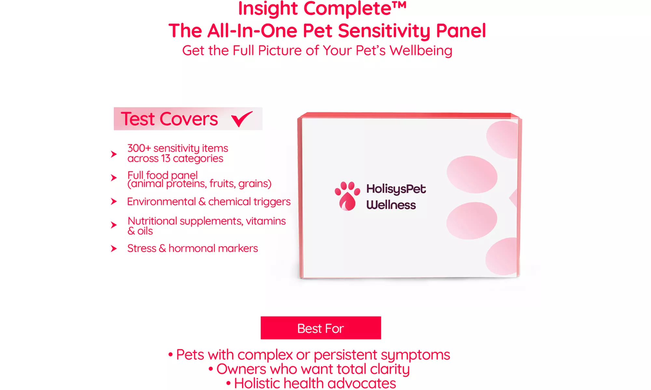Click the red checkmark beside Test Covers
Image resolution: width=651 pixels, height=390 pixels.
(x=242, y=119)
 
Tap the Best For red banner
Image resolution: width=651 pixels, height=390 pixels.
(x=320, y=328)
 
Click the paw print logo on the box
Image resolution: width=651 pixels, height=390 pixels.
(x=347, y=196)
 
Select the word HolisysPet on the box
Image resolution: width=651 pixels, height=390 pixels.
(x=396, y=189)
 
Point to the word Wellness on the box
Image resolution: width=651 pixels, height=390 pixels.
(x=391, y=205)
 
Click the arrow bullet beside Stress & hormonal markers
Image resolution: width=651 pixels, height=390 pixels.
(x=114, y=249)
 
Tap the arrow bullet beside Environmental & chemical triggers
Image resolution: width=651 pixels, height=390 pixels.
(x=114, y=201)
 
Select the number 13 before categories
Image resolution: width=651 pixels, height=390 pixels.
(x=166, y=159)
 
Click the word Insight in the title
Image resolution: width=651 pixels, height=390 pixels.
(x=268, y=8)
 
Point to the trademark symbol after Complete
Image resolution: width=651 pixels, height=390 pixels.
(x=400, y=5)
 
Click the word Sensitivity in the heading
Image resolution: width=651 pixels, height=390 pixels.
(x=384, y=31)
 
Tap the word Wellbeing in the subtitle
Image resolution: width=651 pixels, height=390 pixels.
(x=421, y=51)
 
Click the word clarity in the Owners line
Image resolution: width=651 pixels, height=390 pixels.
(x=389, y=369)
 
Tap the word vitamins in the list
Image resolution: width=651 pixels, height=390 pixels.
(x=265, y=221)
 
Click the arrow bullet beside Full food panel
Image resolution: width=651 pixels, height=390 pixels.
(x=114, y=178)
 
